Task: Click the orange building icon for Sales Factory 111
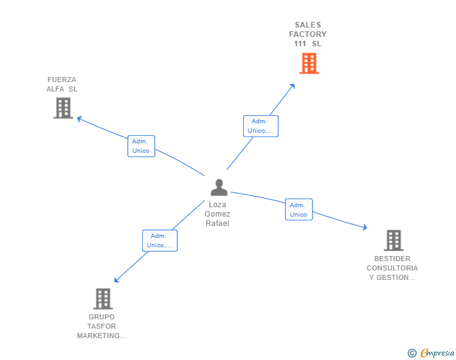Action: point(309,63)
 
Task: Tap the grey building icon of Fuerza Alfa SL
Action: point(63,108)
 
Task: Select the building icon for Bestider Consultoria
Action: point(393,240)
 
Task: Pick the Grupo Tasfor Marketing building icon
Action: point(103,299)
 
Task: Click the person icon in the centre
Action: point(218,187)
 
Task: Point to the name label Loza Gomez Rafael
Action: point(217,214)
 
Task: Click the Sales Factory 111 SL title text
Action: point(308,34)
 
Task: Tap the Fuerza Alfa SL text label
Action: point(62,84)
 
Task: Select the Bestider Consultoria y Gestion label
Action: point(392,268)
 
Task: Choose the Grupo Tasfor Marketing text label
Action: point(102,326)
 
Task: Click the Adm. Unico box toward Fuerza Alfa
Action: point(141,146)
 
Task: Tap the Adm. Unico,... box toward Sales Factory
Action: point(261,126)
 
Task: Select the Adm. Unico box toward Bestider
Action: point(299,210)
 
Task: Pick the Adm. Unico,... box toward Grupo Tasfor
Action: point(160,240)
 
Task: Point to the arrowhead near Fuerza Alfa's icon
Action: point(79,118)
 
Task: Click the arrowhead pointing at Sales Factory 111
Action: point(293,86)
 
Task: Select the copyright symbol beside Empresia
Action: point(412,353)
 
